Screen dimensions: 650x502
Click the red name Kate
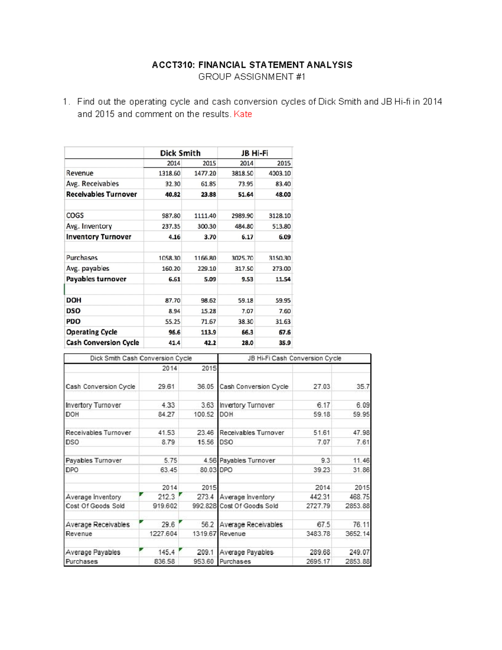(x=243, y=114)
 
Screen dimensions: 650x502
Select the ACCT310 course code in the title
(x=173, y=65)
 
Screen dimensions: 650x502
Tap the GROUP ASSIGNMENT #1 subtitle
(x=251, y=77)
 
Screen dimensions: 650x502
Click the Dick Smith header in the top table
(x=180, y=153)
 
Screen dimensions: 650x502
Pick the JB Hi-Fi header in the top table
(x=254, y=153)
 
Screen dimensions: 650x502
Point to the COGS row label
(x=75, y=216)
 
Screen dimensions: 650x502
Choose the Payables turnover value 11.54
(x=283, y=279)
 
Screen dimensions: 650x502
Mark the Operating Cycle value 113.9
(x=208, y=332)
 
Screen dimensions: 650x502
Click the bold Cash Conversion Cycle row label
(x=102, y=343)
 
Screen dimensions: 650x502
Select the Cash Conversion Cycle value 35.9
(x=284, y=343)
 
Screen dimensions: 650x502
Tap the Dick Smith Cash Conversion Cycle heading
(x=141, y=358)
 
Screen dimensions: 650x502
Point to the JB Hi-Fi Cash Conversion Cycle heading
(x=295, y=358)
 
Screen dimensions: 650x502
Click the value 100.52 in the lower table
(x=205, y=414)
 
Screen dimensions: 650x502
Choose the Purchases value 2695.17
(x=318, y=562)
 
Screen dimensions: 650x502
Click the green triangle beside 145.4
(x=141, y=550)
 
